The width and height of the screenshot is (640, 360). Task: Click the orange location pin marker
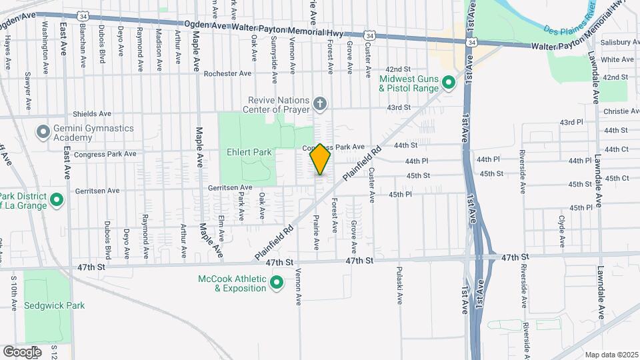point(320,159)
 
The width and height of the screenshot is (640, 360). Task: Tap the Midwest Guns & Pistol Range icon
point(449,83)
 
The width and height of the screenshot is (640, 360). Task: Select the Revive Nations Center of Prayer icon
point(321,103)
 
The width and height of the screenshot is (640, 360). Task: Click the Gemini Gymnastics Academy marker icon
point(44,132)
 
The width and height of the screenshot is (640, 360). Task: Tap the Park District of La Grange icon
point(57,200)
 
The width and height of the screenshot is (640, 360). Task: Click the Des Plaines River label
point(569,23)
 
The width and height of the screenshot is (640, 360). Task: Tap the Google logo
point(23,351)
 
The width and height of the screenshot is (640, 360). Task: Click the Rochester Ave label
point(227,73)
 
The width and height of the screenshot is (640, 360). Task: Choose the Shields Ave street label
point(92,114)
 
